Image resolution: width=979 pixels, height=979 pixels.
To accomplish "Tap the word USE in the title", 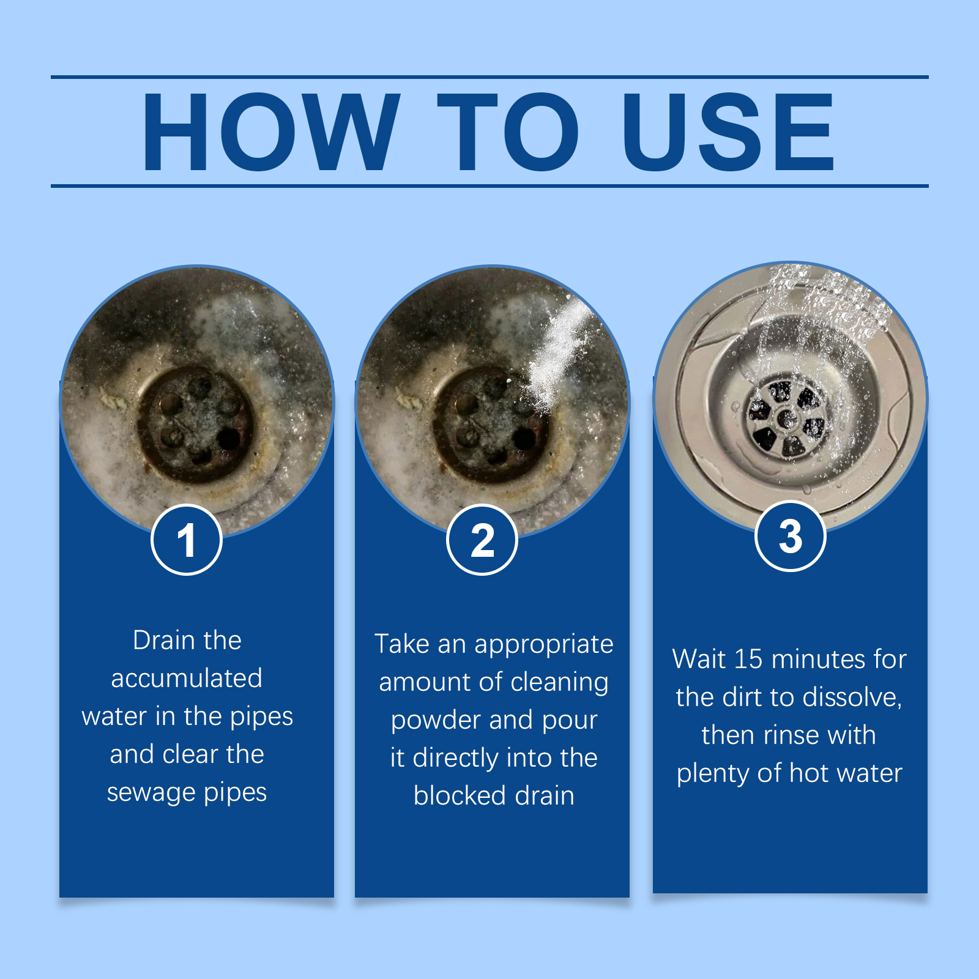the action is (x=728, y=132).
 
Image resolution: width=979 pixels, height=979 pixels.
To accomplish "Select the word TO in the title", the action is (x=508, y=132).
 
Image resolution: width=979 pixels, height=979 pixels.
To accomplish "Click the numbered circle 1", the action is (x=187, y=540).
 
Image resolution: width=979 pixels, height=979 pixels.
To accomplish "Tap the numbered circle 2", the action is (x=482, y=540).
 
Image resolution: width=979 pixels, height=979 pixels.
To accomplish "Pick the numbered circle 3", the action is (x=791, y=536).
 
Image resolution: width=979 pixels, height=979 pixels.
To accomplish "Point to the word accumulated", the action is (x=187, y=679).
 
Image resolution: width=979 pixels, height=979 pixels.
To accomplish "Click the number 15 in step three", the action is (x=748, y=660).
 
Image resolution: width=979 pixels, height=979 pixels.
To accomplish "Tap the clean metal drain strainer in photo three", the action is (x=787, y=417).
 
